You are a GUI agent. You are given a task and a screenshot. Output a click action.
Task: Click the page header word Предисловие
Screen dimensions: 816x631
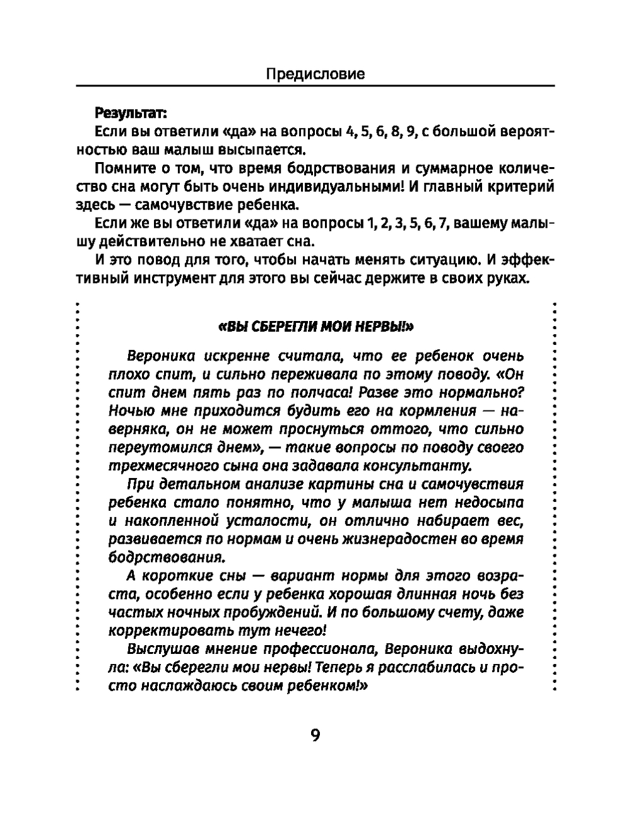coord(315,74)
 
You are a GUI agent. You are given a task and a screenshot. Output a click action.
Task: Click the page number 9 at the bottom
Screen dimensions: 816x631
coord(315,735)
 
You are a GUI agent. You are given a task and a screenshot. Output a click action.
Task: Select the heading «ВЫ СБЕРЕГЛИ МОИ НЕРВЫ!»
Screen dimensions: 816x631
coord(315,327)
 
